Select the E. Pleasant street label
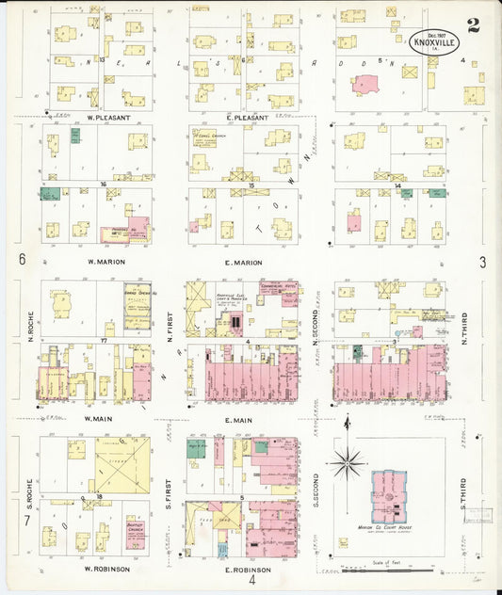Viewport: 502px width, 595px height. pos(243,118)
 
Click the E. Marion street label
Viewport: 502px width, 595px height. pos(244,262)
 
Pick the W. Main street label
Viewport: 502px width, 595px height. pos(100,418)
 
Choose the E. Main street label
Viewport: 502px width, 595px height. pos(243,418)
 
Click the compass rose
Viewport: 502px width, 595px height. pos(348,462)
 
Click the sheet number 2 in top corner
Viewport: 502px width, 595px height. pos(472,25)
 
